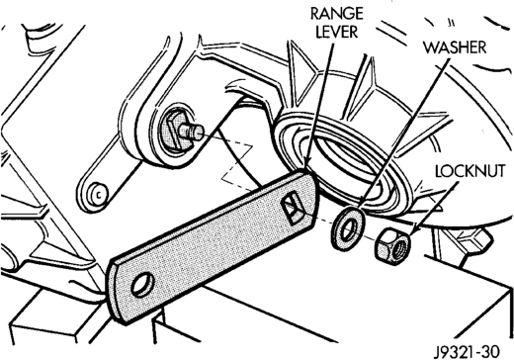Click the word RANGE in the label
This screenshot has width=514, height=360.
tap(336, 14)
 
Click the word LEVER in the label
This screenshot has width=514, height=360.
tap(336, 32)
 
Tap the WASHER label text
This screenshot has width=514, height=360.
tap(455, 47)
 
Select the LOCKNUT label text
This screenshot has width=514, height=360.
tap(471, 171)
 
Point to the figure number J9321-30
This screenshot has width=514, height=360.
tap(467, 351)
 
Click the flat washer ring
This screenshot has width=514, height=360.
tap(348, 228)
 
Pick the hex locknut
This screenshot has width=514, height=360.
tap(393, 246)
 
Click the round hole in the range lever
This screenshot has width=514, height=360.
tap(142, 285)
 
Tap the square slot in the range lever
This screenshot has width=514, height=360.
tap(294, 210)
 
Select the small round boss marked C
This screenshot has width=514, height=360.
tap(98, 195)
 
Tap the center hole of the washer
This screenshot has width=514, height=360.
tap(348, 229)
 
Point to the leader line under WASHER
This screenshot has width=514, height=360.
tap(404, 133)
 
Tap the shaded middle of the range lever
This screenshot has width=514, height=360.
tap(211, 244)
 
